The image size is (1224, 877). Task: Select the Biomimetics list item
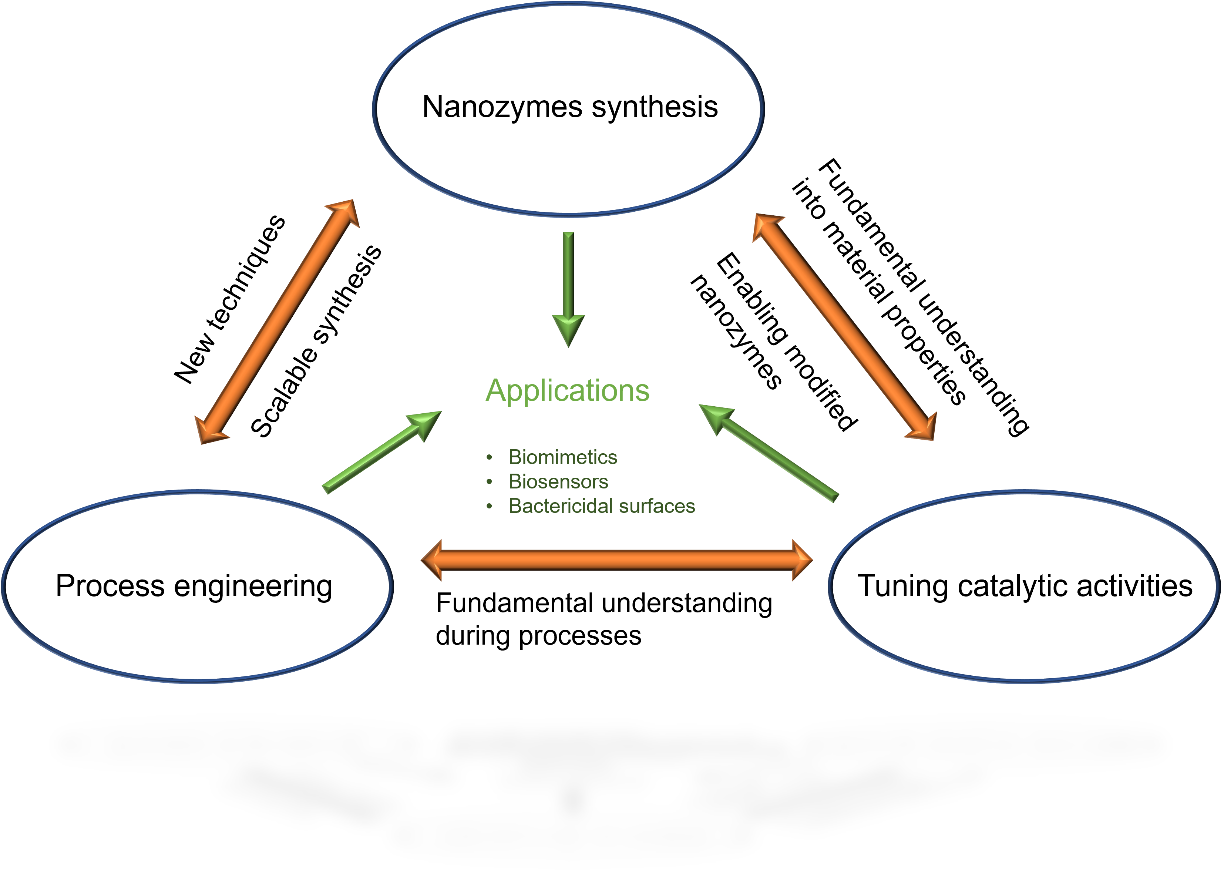562,457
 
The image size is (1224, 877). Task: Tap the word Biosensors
558,481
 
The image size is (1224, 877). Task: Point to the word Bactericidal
561,506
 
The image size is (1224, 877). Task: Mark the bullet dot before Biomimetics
489,458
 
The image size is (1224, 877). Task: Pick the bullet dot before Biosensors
489,482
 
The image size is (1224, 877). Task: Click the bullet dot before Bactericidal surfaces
489,506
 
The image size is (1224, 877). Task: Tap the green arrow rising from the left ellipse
378,453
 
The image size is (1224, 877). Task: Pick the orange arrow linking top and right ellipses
845,327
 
